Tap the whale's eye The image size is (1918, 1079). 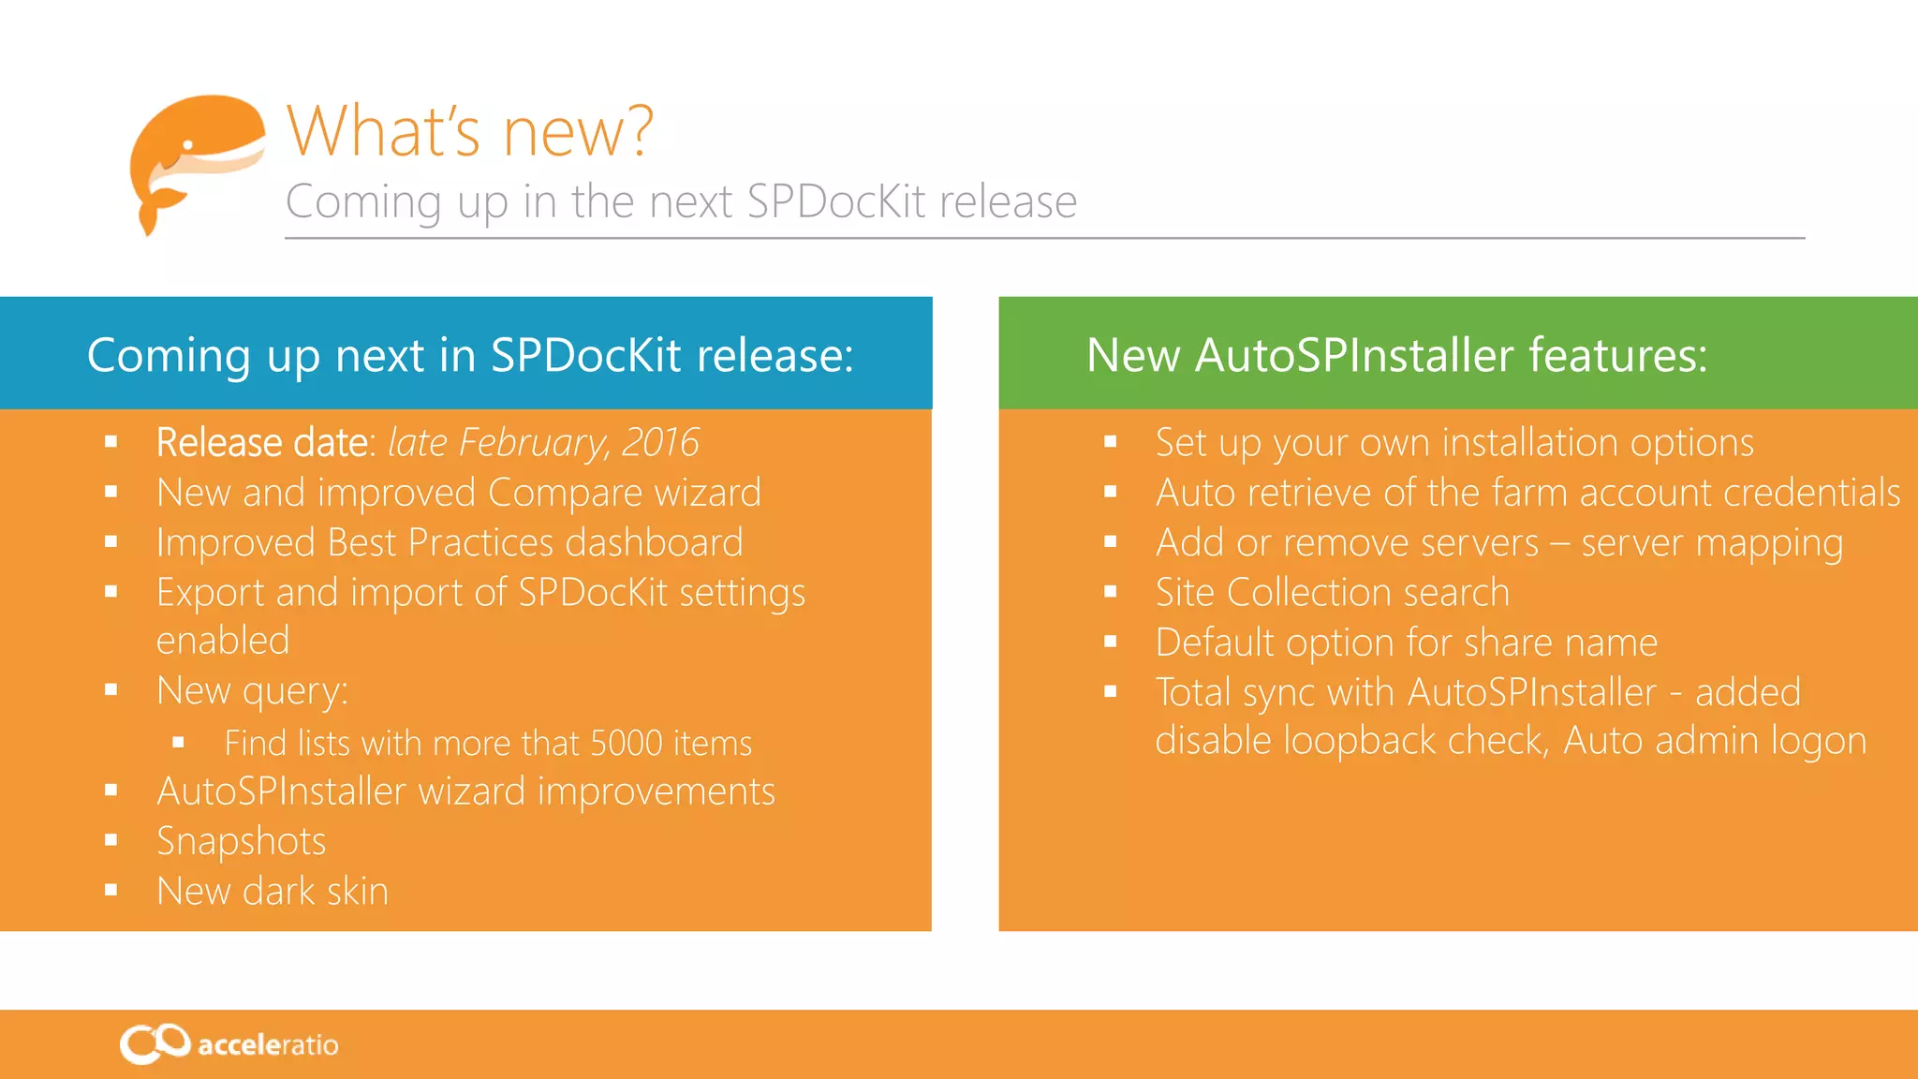[x=187, y=145]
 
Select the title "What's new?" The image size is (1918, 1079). [x=469, y=131]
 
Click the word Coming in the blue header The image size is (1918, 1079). [x=170, y=356]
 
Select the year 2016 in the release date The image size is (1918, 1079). [x=660, y=442]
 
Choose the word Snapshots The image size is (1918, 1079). [x=242, y=842]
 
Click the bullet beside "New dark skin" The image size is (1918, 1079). [x=111, y=891]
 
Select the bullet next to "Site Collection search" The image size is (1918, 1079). [x=1111, y=592]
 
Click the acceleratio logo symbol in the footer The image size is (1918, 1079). [x=155, y=1043]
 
